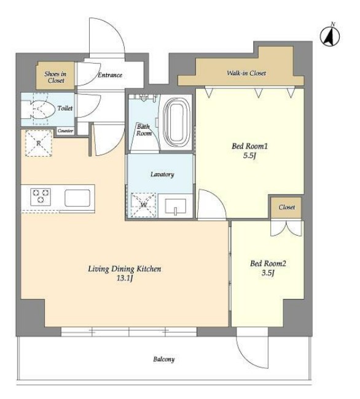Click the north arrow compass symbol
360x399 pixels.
(x=330, y=36)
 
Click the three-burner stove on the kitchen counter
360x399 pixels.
(x=41, y=196)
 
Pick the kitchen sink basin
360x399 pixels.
(x=77, y=198)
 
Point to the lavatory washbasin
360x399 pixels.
(x=176, y=206)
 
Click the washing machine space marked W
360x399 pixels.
(x=143, y=205)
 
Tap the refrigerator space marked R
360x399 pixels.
(x=39, y=143)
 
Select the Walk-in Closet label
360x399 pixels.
(x=246, y=73)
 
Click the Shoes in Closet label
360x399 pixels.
(x=55, y=77)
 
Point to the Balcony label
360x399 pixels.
(x=164, y=359)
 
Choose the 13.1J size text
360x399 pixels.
(x=125, y=278)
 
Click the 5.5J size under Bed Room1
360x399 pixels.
(x=249, y=155)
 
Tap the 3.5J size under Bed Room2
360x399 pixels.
(x=268, y=273)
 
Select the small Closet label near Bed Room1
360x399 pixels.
(x=287, y=207)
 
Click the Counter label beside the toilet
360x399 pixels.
(x=66, y=131)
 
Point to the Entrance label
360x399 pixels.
(x=110, y=75)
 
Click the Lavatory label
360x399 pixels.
(x=162, y=174)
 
